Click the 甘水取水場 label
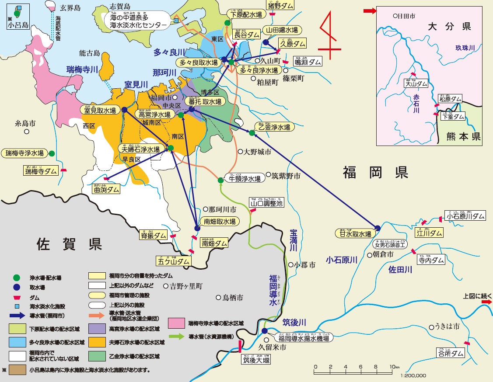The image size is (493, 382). point(356,233)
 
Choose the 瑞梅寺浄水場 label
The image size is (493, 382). point(24,153)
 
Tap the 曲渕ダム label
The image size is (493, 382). point(106,189)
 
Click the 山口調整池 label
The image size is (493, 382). point(266,203)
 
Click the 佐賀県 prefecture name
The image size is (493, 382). point(69,243)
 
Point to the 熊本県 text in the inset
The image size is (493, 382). point(464,136)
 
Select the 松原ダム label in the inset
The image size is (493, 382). point(450,99)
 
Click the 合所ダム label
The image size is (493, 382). point(450,353)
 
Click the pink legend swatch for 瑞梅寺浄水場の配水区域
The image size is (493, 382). point(176,323)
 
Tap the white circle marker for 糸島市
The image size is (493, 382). point(27,131)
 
